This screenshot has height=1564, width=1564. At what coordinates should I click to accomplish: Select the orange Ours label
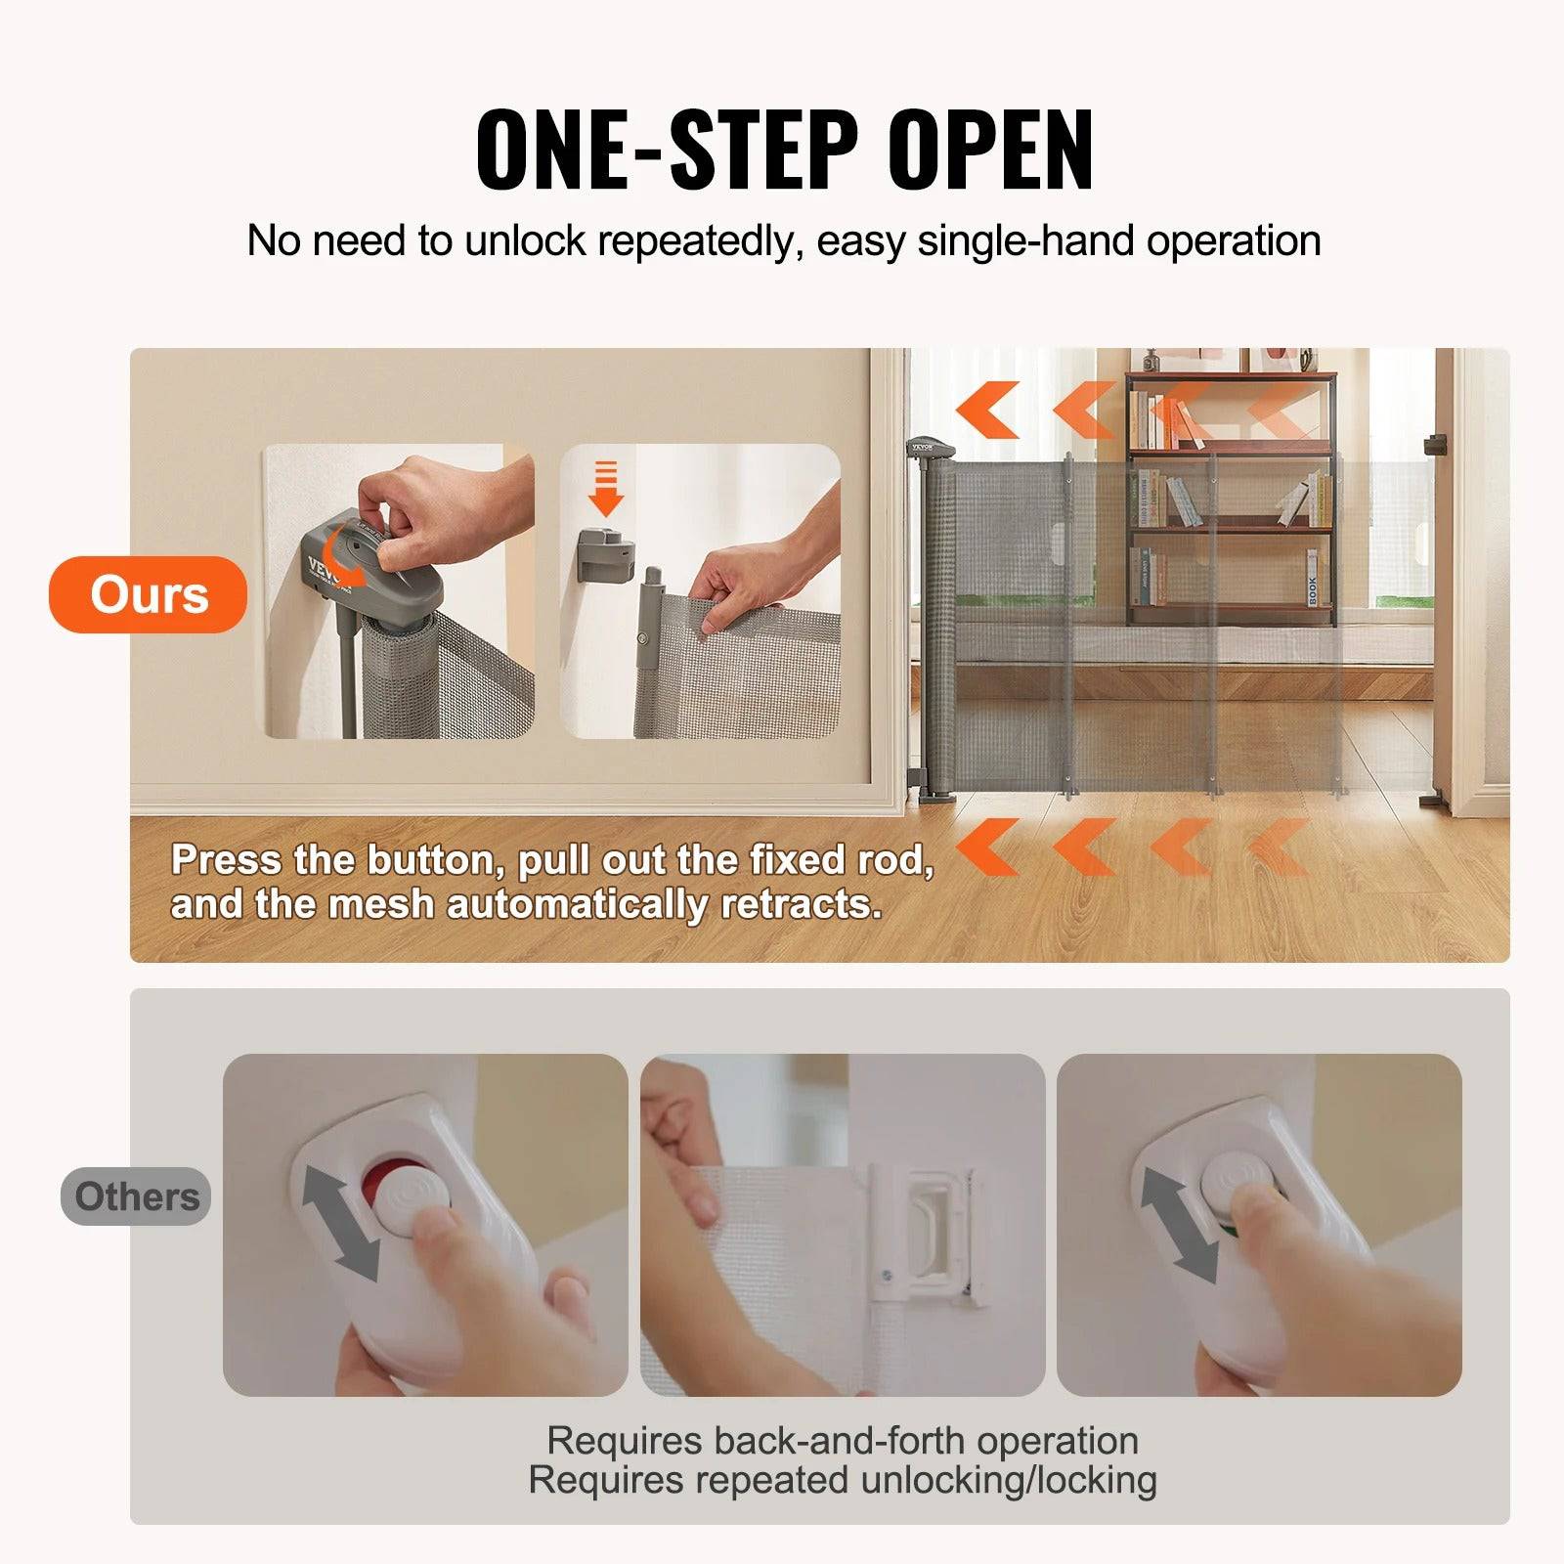149,594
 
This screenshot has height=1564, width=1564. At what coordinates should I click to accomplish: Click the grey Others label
136,1196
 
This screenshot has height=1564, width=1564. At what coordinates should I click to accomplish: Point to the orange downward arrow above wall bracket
606,489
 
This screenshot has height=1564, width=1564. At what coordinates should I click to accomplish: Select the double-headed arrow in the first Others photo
340,1223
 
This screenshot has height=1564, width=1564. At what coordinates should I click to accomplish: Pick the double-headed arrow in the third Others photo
1179,1223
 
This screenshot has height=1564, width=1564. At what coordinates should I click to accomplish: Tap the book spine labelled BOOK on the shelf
1312,579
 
